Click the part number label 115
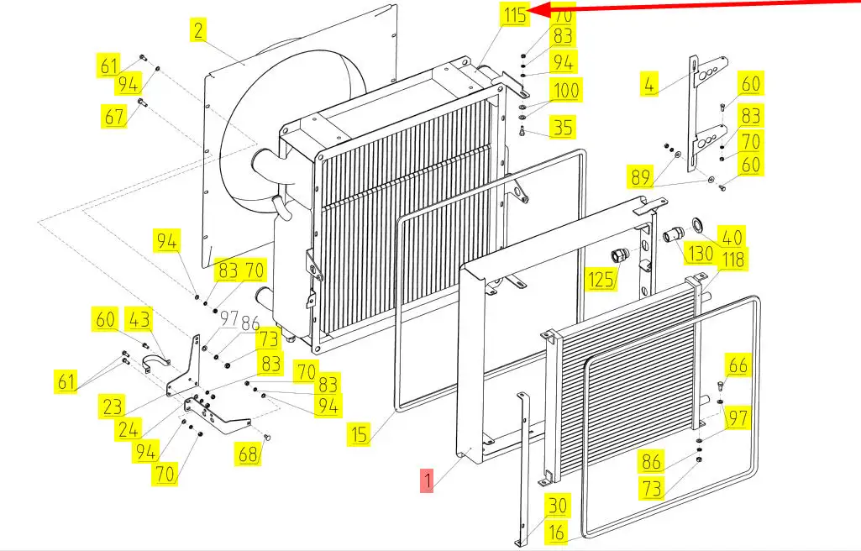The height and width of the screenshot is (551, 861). (514, 14)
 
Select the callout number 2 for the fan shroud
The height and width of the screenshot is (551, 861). (197, 31)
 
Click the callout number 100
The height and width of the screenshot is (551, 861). (564, 90)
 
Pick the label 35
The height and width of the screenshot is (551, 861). (562, 128)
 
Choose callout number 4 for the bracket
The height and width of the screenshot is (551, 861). (648, 85)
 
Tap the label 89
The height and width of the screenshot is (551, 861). (640, 177)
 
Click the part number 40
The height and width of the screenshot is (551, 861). (732, 238)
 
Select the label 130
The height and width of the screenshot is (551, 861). (700, 254)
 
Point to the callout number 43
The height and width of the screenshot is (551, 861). (139, 319)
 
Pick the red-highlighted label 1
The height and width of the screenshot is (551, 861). (428, 481)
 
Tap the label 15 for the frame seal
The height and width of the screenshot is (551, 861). (360, 435)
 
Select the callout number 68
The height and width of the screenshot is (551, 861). (249, 454)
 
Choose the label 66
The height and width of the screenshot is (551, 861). (737, 366)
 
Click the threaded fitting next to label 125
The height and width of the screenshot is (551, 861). (619, 255)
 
